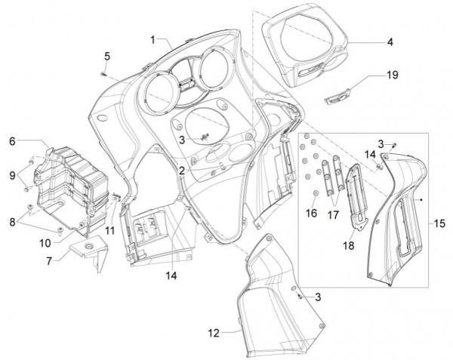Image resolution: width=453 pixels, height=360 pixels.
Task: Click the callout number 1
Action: click(x=154, y=38)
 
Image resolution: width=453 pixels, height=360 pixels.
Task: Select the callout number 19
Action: click(x=393, y=75)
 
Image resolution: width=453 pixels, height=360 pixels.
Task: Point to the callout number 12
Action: click(x=214, y=331)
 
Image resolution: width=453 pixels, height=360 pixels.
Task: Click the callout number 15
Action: click(x=439, y=224)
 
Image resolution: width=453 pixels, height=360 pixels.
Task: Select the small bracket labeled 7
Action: click(x=87, y=252)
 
